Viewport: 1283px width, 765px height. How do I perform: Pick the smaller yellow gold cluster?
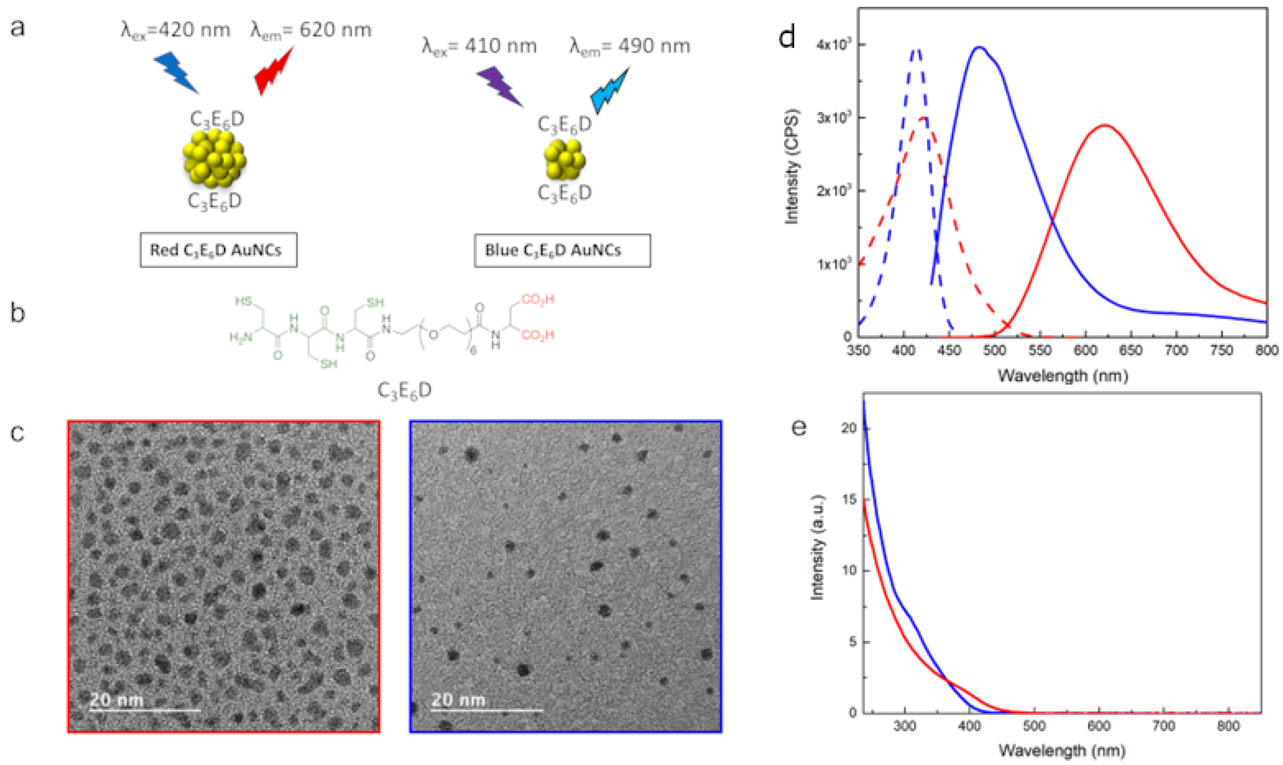(564, 159)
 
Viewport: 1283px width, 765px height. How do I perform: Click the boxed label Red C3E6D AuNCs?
(218, 250)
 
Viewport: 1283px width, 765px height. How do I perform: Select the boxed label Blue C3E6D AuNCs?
(562, 250)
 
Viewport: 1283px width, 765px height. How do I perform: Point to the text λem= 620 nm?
(311, 30)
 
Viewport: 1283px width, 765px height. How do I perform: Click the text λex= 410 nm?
(479, 46)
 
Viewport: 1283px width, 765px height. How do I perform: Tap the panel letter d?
(787, 37)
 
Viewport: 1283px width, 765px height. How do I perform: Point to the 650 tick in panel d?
(1130, 350)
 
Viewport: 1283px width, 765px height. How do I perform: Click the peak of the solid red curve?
(1105, 125)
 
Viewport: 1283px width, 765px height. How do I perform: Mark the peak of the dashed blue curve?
(916, 49)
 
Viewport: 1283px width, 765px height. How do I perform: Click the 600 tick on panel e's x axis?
(1099, 726)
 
